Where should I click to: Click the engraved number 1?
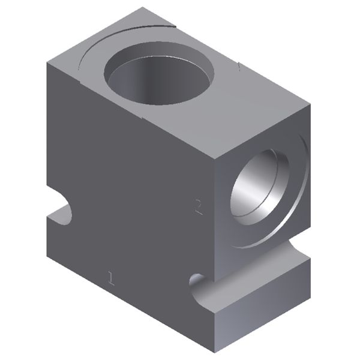(x=110, y=277)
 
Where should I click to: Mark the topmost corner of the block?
(x=143, y=7)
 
